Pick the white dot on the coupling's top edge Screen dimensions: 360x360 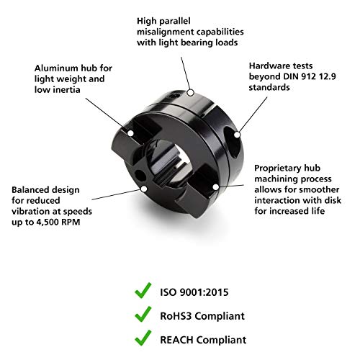tap(190, 91)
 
